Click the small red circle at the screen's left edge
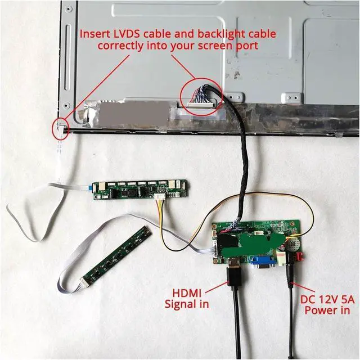coord(58,127)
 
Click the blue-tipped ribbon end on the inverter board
coord(92,188)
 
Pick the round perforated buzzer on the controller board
coord(291,244)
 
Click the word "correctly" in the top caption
coord(121,45)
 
